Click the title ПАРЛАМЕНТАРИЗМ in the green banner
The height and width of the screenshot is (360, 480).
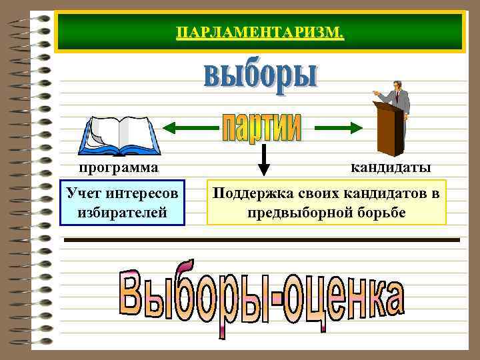tap(260, 32)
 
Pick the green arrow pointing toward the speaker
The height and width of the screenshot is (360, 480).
tap(337, 125)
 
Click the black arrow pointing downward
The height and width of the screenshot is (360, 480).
tap(263, 161)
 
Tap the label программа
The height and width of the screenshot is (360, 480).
tap(119, 167)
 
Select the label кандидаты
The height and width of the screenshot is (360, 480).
tap(391, 167)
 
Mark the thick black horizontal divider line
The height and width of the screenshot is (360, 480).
tap(260, 239)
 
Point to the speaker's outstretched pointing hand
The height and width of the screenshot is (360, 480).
tap(377, 93)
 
